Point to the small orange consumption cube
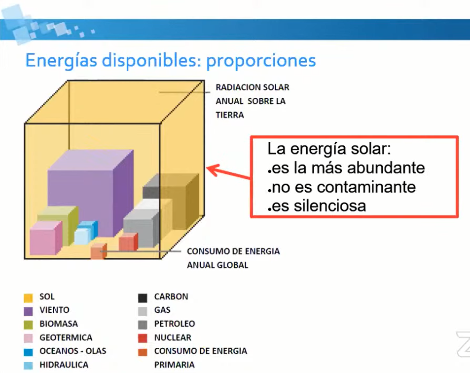click(99, 251)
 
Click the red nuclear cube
click(128, 242)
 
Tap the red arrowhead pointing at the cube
click(213, 170)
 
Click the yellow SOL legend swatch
click(28, 297)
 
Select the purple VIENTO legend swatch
click(28, 311)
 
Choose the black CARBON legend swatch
click(143, 297)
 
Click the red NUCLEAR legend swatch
click(143, 338)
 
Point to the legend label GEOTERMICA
click(66, 337)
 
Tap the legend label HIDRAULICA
click(64, 365)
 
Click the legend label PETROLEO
click(175, 324)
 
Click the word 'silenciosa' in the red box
click(330, 206)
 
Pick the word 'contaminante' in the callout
click(366, 187)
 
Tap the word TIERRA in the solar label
click(230, 115)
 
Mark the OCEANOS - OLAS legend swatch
click(28, 352)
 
